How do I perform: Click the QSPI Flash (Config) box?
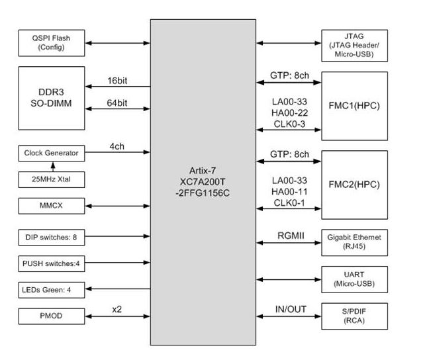point(52,43)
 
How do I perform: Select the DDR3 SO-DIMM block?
point(52,98)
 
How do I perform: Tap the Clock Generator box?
point(52,153)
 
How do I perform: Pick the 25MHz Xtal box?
point(52,179)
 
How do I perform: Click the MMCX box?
point(52,206)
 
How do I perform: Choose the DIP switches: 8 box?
point(52,237)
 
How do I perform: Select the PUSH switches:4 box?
point(52,263)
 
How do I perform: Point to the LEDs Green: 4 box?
point(52,290)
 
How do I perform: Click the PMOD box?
point(52,316)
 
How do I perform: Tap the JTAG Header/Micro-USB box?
point(355,46)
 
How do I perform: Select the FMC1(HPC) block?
point(355,106)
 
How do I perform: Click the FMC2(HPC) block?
point(355,185)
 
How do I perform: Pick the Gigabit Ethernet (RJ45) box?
point(355,243)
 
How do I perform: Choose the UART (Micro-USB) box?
point(355,279)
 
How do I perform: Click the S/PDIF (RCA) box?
point(355,316)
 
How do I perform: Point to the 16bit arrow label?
point(117,81)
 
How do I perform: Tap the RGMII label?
point(291,236)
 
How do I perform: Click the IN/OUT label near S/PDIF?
point(291,309)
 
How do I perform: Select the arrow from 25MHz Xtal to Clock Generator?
point(53,167)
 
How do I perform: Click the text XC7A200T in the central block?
point(203,181)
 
